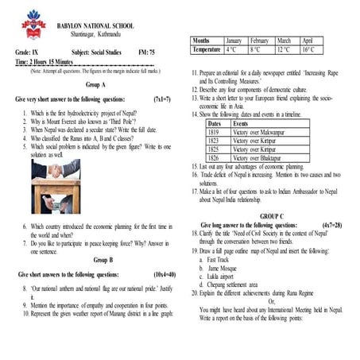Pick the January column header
[x=233, y=40]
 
